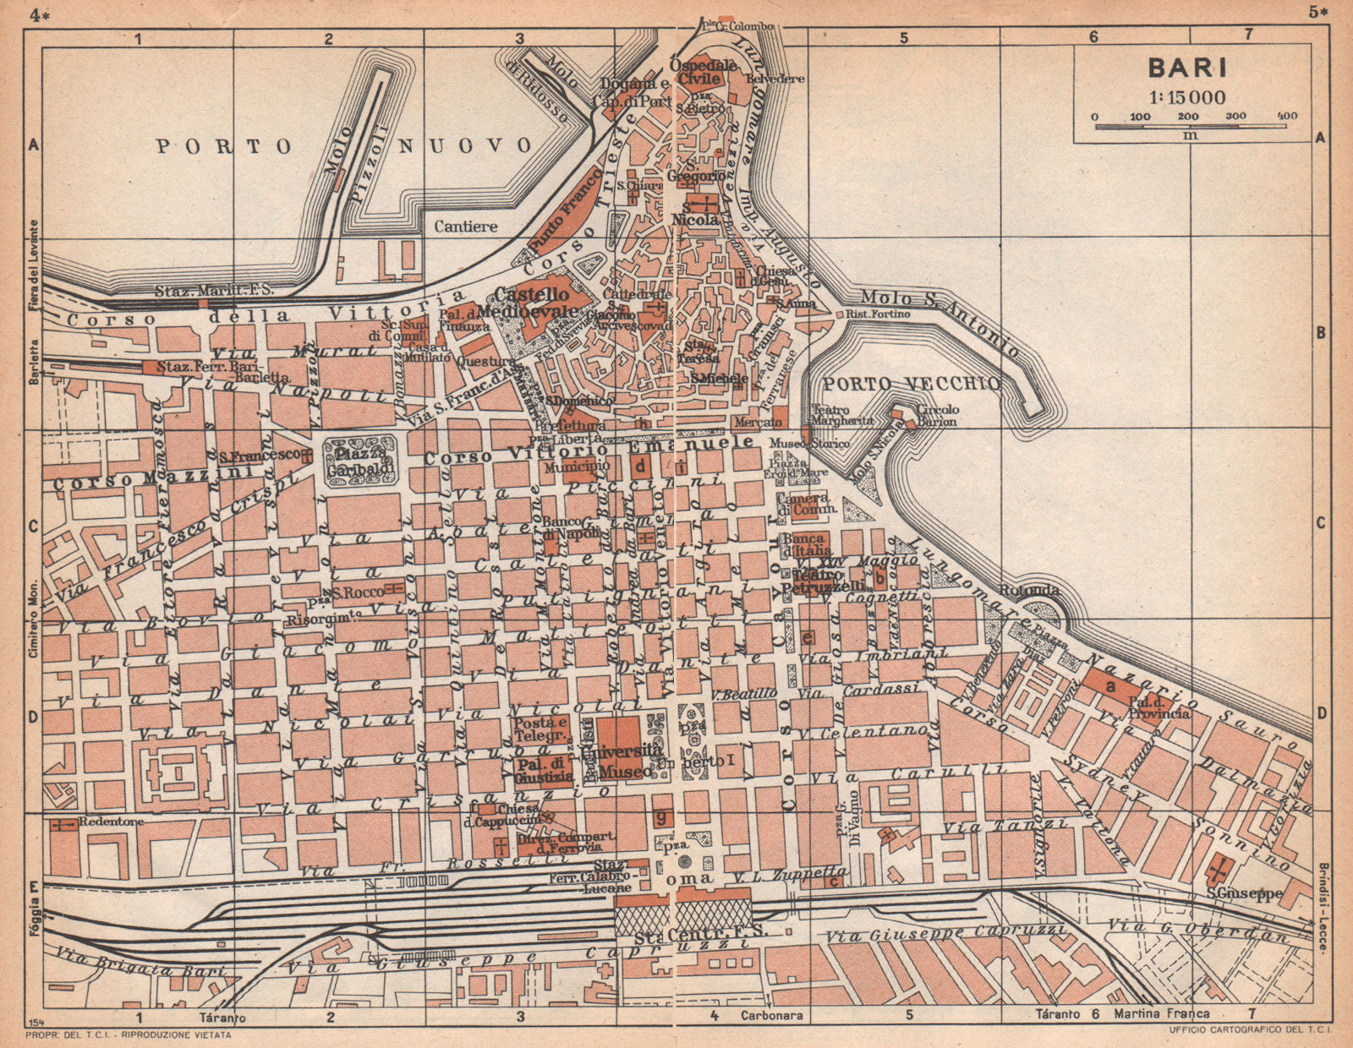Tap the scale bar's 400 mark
pos(1287,116)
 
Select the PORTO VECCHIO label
pos(912,384)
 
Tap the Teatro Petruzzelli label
pos(824,580)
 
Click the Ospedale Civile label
pos(695,72)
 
